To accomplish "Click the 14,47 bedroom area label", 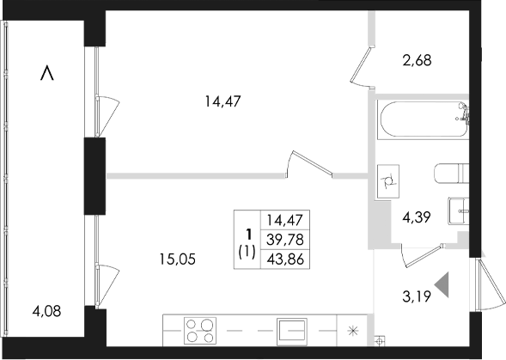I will click(x=222, y=101).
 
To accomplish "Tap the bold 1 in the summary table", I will click(x=247, y=232).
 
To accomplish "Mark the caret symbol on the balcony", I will click(x=48, y=75).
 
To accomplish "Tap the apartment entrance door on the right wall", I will click(x=489, y=287).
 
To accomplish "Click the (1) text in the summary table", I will click(x=247, y=252).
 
